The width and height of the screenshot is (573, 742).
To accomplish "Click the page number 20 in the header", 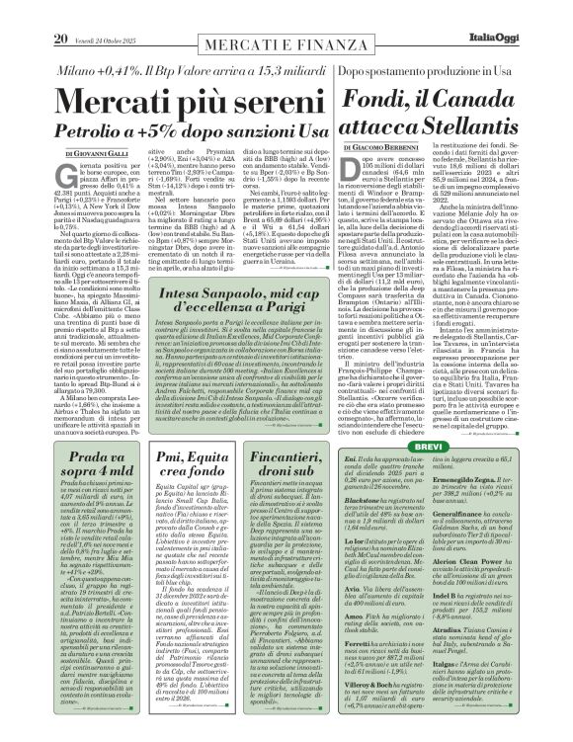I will point(34,11).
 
